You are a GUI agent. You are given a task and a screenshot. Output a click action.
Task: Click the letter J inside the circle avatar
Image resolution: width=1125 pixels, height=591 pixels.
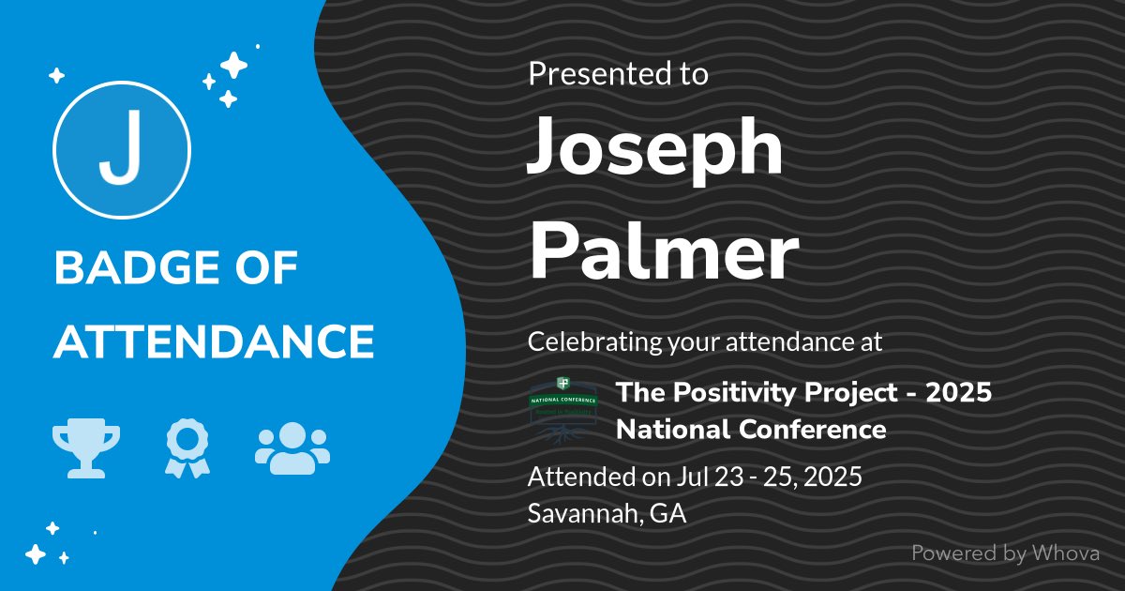(x=122, y=150)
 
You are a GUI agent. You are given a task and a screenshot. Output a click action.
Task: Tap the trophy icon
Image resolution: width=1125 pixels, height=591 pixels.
(x=86, y=448)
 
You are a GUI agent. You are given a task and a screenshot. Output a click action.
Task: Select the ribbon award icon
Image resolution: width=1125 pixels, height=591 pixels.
(x=187, y=448)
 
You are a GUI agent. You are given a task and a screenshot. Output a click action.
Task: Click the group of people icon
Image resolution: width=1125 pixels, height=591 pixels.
(x=292, y=447)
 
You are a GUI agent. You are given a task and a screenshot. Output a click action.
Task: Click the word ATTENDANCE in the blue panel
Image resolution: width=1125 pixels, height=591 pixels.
(x=214, y=341)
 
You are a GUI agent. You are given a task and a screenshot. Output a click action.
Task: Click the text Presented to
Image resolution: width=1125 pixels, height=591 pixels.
(x=618, y=74)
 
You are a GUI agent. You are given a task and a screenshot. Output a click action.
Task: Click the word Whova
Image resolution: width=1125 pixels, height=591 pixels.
(x=1065, y=553)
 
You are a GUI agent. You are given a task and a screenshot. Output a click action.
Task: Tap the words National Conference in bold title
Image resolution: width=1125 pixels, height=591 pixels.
(x=750, y=430)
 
